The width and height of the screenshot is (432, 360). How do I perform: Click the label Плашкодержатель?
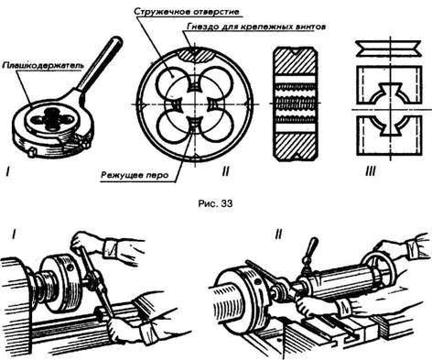[x=43, y=65]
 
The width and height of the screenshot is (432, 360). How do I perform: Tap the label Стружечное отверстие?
[x=186, y=12]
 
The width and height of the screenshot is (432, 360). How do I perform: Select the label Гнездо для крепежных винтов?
[x=255, y=27]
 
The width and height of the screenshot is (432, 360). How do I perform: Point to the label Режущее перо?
[x=135, y=175]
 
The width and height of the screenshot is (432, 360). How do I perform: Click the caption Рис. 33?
[x=215, y=203]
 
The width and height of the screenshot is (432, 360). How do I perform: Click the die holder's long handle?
[x=99, y=66]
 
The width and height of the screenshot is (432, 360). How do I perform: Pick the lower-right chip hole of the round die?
[x=217, y=127]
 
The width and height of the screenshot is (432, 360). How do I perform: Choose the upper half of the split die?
[x=389, y=85]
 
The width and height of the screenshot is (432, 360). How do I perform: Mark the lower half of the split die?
[x=390, y=135]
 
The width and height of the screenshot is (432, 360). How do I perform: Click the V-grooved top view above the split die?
[x=389, y=49]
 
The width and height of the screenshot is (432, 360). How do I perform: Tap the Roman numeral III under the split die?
[x=371, y=171]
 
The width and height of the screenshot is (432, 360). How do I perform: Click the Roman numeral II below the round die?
[x=225, y=171]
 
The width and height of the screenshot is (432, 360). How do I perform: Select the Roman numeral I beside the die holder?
[x=8, y=173]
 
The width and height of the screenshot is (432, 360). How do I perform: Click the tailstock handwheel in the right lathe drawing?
[x=379, y=271]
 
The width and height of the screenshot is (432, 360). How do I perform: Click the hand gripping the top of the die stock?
[x=81, y=241]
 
